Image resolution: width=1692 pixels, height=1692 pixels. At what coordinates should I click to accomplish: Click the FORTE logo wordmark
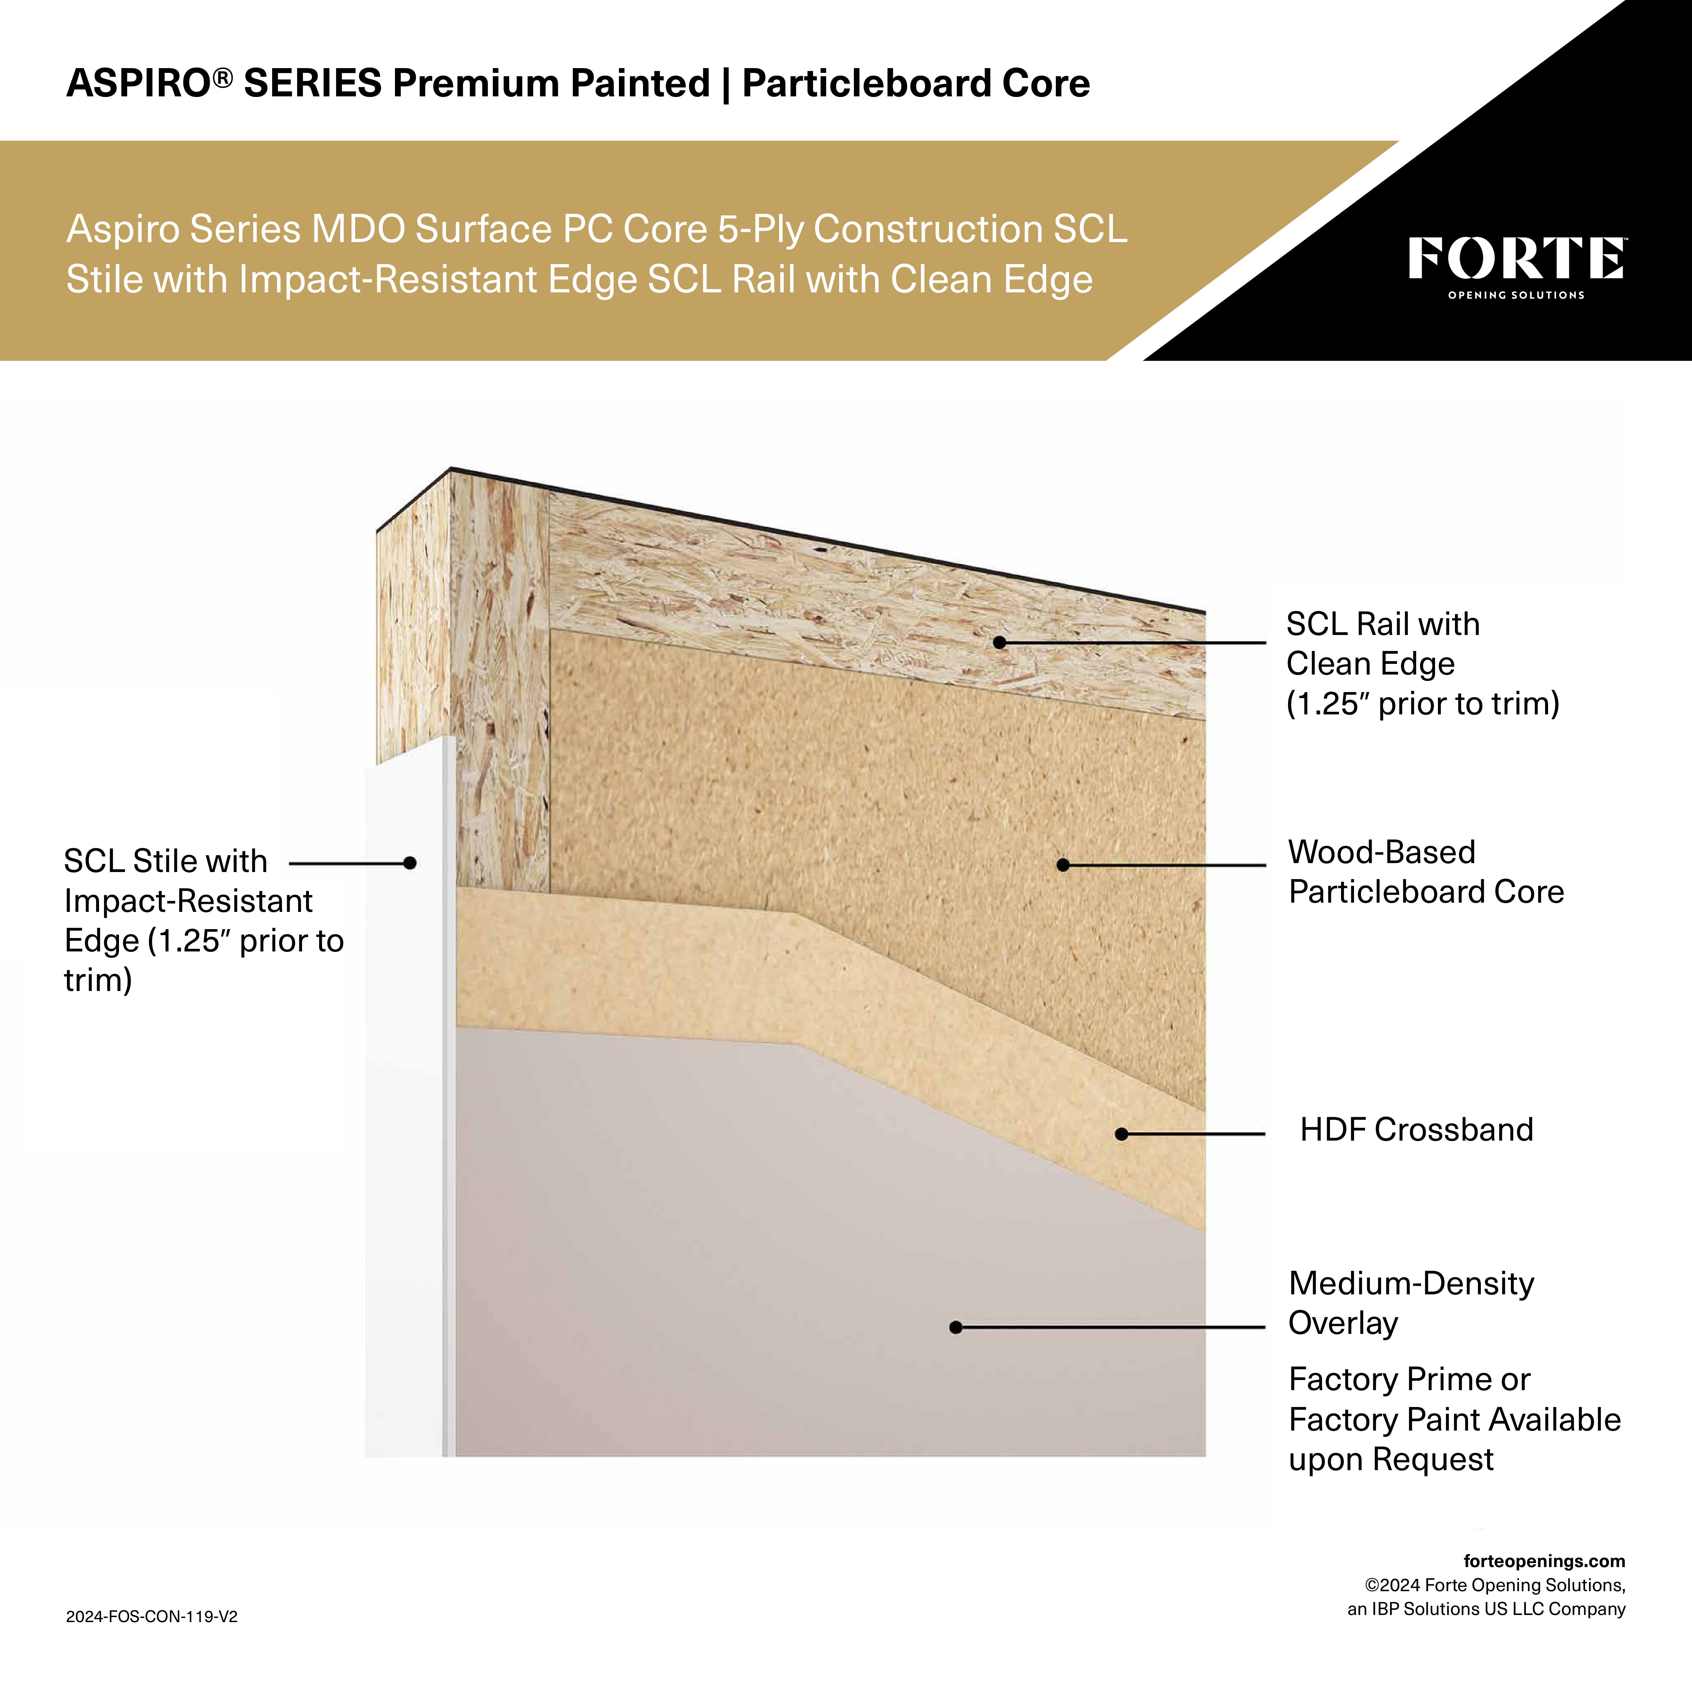1516,258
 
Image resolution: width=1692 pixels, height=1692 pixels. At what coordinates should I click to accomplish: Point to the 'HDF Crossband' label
1416,1130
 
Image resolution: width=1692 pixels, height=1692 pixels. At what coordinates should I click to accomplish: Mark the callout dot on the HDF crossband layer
1121,1134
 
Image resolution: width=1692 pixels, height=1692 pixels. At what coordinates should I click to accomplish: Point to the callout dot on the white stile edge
409,863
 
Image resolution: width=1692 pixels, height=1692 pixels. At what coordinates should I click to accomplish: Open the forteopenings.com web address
1544,1561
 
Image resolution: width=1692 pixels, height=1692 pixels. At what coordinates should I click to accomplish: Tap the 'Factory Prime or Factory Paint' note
1454,1420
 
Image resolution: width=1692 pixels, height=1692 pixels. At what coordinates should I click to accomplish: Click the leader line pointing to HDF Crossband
1195,1134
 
